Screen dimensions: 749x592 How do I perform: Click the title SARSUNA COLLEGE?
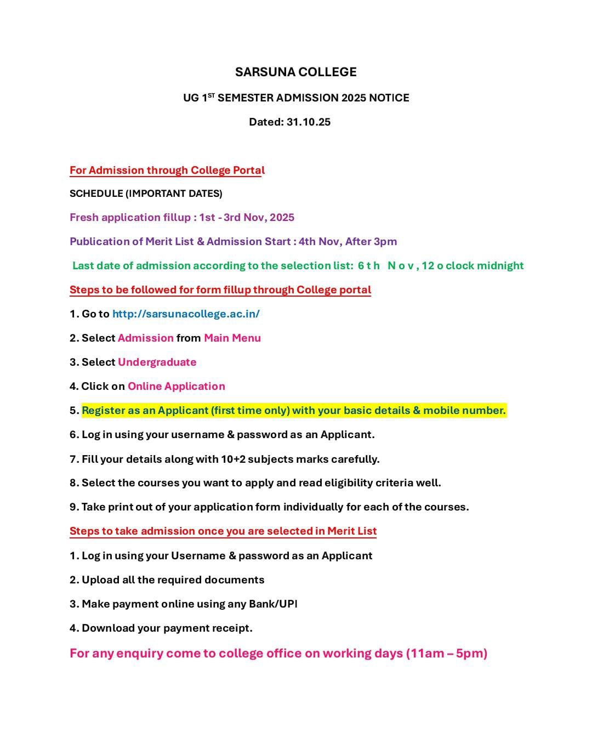tap(295, 72)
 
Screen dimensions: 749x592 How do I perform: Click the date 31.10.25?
tap(309, 122)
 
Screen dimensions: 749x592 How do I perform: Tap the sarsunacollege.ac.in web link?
tap(186, 314)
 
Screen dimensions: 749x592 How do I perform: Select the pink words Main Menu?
tap(232, 338)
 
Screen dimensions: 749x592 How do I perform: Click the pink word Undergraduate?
tap(157, 362)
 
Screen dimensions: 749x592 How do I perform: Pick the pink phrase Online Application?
tap(176, 386)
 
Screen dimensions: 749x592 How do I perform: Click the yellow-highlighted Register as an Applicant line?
tap(294, 410)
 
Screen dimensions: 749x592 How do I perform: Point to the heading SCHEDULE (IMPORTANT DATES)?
tap(146, 194)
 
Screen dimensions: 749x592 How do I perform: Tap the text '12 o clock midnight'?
tap(473, 265)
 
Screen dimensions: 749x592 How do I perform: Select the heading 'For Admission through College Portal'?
tap(167, 170)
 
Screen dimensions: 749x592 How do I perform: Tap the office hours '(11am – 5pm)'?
tap(446, 653)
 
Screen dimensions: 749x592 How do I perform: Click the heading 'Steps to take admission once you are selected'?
tap(223, 531)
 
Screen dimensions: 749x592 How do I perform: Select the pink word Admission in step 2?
tap(145, 338)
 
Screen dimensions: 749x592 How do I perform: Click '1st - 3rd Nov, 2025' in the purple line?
tap(247, 217)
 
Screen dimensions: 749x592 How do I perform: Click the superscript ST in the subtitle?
tap(211, 95)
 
